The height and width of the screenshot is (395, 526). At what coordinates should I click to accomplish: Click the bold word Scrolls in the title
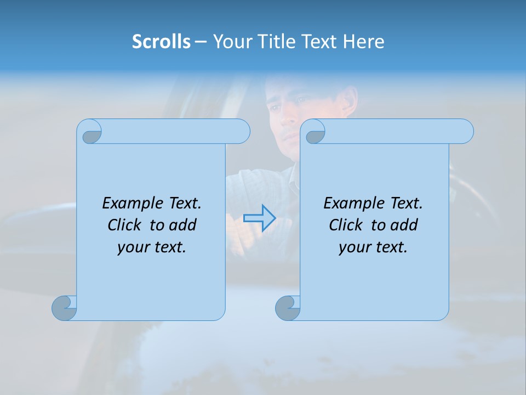click(x=161, y=41)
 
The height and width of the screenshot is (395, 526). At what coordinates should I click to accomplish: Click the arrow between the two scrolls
click(x=259, y=218)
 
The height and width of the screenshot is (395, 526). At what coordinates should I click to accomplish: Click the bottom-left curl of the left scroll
click(x=64, y=308)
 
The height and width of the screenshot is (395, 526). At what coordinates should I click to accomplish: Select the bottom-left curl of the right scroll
click(x=287, y=308)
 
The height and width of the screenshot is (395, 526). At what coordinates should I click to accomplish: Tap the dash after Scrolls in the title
click(x=201, y=41)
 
